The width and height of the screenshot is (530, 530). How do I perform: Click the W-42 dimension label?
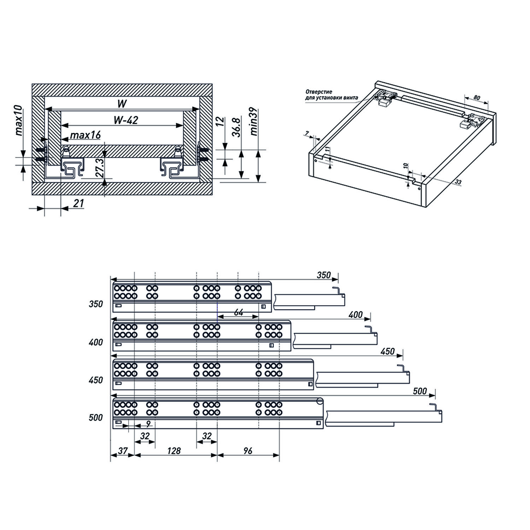pos(126,120)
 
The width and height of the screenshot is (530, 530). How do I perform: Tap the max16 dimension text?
pos(86,135)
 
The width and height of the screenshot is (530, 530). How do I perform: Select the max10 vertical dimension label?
pos(19,120)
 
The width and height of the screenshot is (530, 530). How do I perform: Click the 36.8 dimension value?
pos(236,128)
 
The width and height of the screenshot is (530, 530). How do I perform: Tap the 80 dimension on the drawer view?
pos(477,97)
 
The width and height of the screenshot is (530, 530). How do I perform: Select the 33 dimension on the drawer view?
pos(458,182)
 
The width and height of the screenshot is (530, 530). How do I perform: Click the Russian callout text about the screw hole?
pos(331,95)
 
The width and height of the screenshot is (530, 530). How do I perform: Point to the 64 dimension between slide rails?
pos(239,312)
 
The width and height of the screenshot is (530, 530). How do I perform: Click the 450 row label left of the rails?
pos(96,380)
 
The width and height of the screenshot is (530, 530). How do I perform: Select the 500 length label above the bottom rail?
pos(420,391)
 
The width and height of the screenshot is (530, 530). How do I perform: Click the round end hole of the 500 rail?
pos(320,401)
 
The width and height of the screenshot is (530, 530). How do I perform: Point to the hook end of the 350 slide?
pos(338,291)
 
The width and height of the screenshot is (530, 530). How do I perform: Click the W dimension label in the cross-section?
pos(122,104)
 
